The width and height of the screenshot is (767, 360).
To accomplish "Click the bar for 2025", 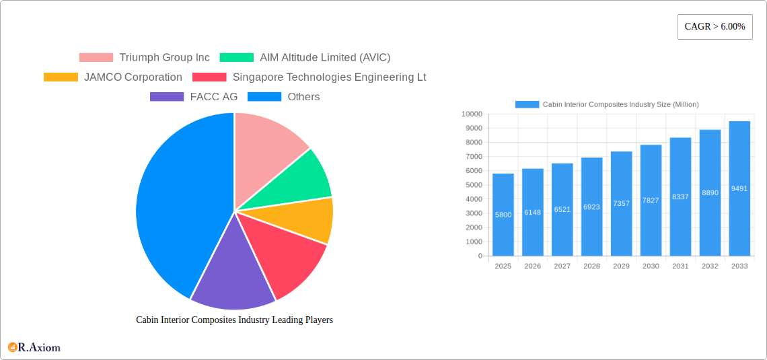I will click(503, 215).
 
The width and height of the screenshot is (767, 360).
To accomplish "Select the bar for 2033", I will click(739, 188).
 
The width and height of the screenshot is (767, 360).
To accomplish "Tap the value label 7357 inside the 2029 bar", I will click(621, 203).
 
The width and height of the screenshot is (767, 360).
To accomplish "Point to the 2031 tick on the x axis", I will click(680, 266).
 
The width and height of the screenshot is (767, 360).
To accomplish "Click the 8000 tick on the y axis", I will click(474, 143).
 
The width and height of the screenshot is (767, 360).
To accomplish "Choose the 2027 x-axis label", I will click(562, 266).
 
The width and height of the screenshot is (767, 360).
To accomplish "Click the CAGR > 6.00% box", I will click(715, 27).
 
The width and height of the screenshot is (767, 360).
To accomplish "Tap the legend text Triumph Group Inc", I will click(164, 58).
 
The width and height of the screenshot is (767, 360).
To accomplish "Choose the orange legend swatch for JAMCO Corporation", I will click(61, 77).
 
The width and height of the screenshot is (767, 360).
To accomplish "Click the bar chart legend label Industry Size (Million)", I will click(620, 104).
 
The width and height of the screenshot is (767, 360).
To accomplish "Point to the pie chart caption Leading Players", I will click(234, 320).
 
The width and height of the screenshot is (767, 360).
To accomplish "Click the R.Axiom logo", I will click(34, 347).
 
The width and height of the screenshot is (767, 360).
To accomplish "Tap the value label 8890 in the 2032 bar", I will click(710, 192).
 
